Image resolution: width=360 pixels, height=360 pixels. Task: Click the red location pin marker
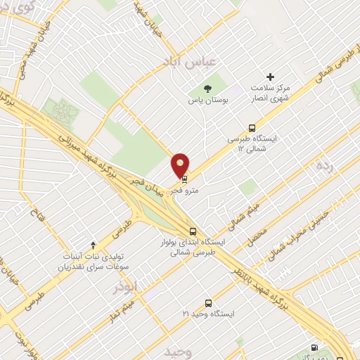point(181,165)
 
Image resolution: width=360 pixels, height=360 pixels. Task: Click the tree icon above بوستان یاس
point(207,88)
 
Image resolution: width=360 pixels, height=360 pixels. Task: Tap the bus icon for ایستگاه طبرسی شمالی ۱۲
point(252,128)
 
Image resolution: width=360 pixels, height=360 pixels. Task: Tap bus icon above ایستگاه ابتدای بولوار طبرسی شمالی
point(193,231)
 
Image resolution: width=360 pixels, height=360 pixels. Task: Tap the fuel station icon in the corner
point(314,349)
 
